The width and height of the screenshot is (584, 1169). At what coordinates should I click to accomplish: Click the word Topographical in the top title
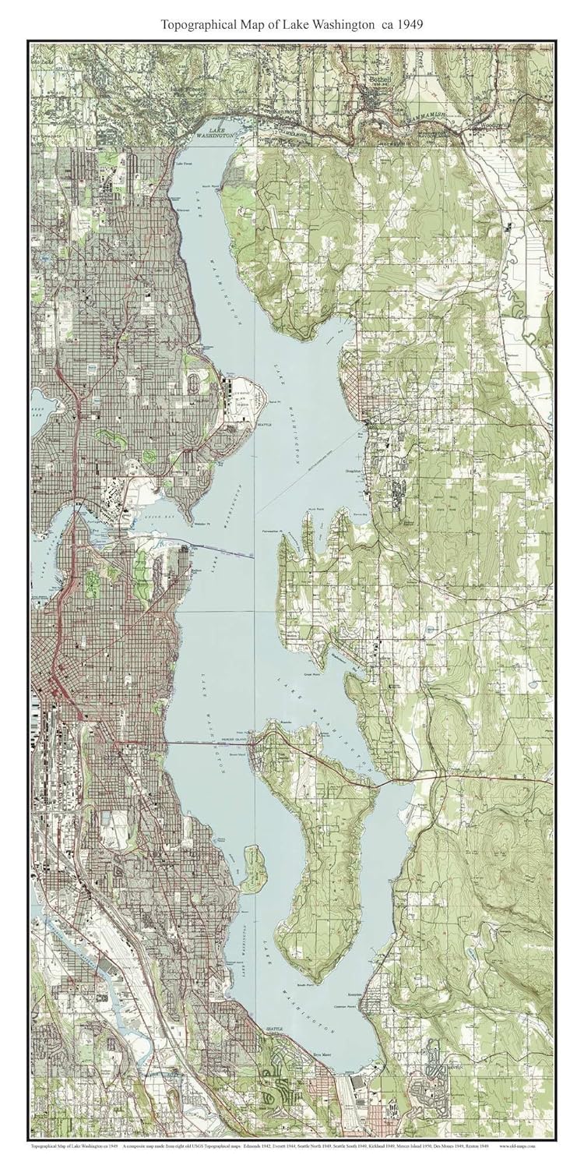[x=198, y=25]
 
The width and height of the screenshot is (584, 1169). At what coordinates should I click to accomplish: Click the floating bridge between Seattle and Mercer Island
[x=210, y=743]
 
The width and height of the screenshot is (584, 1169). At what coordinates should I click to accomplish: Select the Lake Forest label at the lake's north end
[x=185, y=163]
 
